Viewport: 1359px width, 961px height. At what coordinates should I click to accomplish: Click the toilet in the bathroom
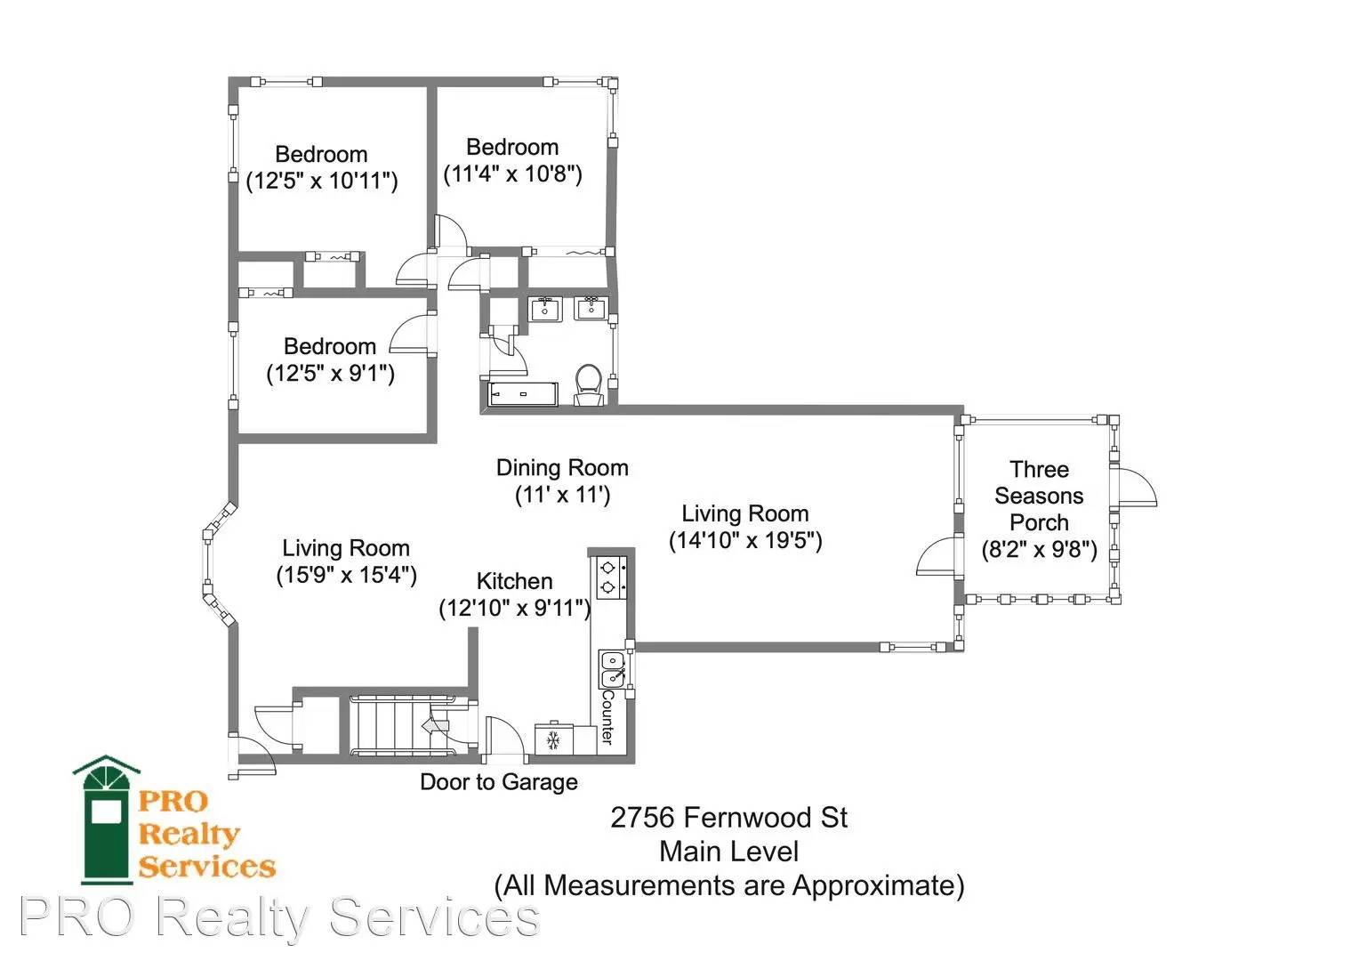[x=587, y=384]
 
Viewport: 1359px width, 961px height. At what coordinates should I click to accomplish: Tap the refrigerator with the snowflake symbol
[x=553, y=739]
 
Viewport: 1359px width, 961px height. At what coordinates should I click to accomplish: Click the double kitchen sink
[x=614, y=668]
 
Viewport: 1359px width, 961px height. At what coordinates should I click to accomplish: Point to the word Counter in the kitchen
[x=607, y=716]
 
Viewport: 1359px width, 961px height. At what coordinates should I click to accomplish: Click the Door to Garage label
[x=499, y=782]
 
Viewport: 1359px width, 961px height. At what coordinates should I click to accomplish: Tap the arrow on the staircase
[x=436, y=725]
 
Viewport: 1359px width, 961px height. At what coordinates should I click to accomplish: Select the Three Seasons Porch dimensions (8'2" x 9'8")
[x=1039, y=550]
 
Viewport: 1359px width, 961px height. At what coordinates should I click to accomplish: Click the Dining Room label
[x=562, y=467]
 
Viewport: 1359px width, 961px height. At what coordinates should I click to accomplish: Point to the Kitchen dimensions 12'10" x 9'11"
[x=514, y=608]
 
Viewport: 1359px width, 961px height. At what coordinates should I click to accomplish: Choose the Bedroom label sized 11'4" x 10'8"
[x=512, y=147]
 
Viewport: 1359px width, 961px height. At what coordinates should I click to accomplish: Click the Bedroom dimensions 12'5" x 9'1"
[x=331, y=373]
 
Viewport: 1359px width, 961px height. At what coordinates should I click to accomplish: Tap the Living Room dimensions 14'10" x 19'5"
[x=745, y=540]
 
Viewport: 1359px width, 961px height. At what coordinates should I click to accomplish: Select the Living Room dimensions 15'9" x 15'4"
[x=347, y=574]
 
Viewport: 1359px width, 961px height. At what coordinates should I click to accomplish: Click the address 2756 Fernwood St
[x=728, y=818]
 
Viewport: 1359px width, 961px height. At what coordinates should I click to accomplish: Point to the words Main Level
[x=728, y=852]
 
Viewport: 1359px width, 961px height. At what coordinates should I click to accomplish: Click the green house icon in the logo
[x=107, y=820]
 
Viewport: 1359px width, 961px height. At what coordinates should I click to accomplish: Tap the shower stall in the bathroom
[x=522, y=394]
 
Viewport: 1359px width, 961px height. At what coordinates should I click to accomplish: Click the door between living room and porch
[x=937, y=555]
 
